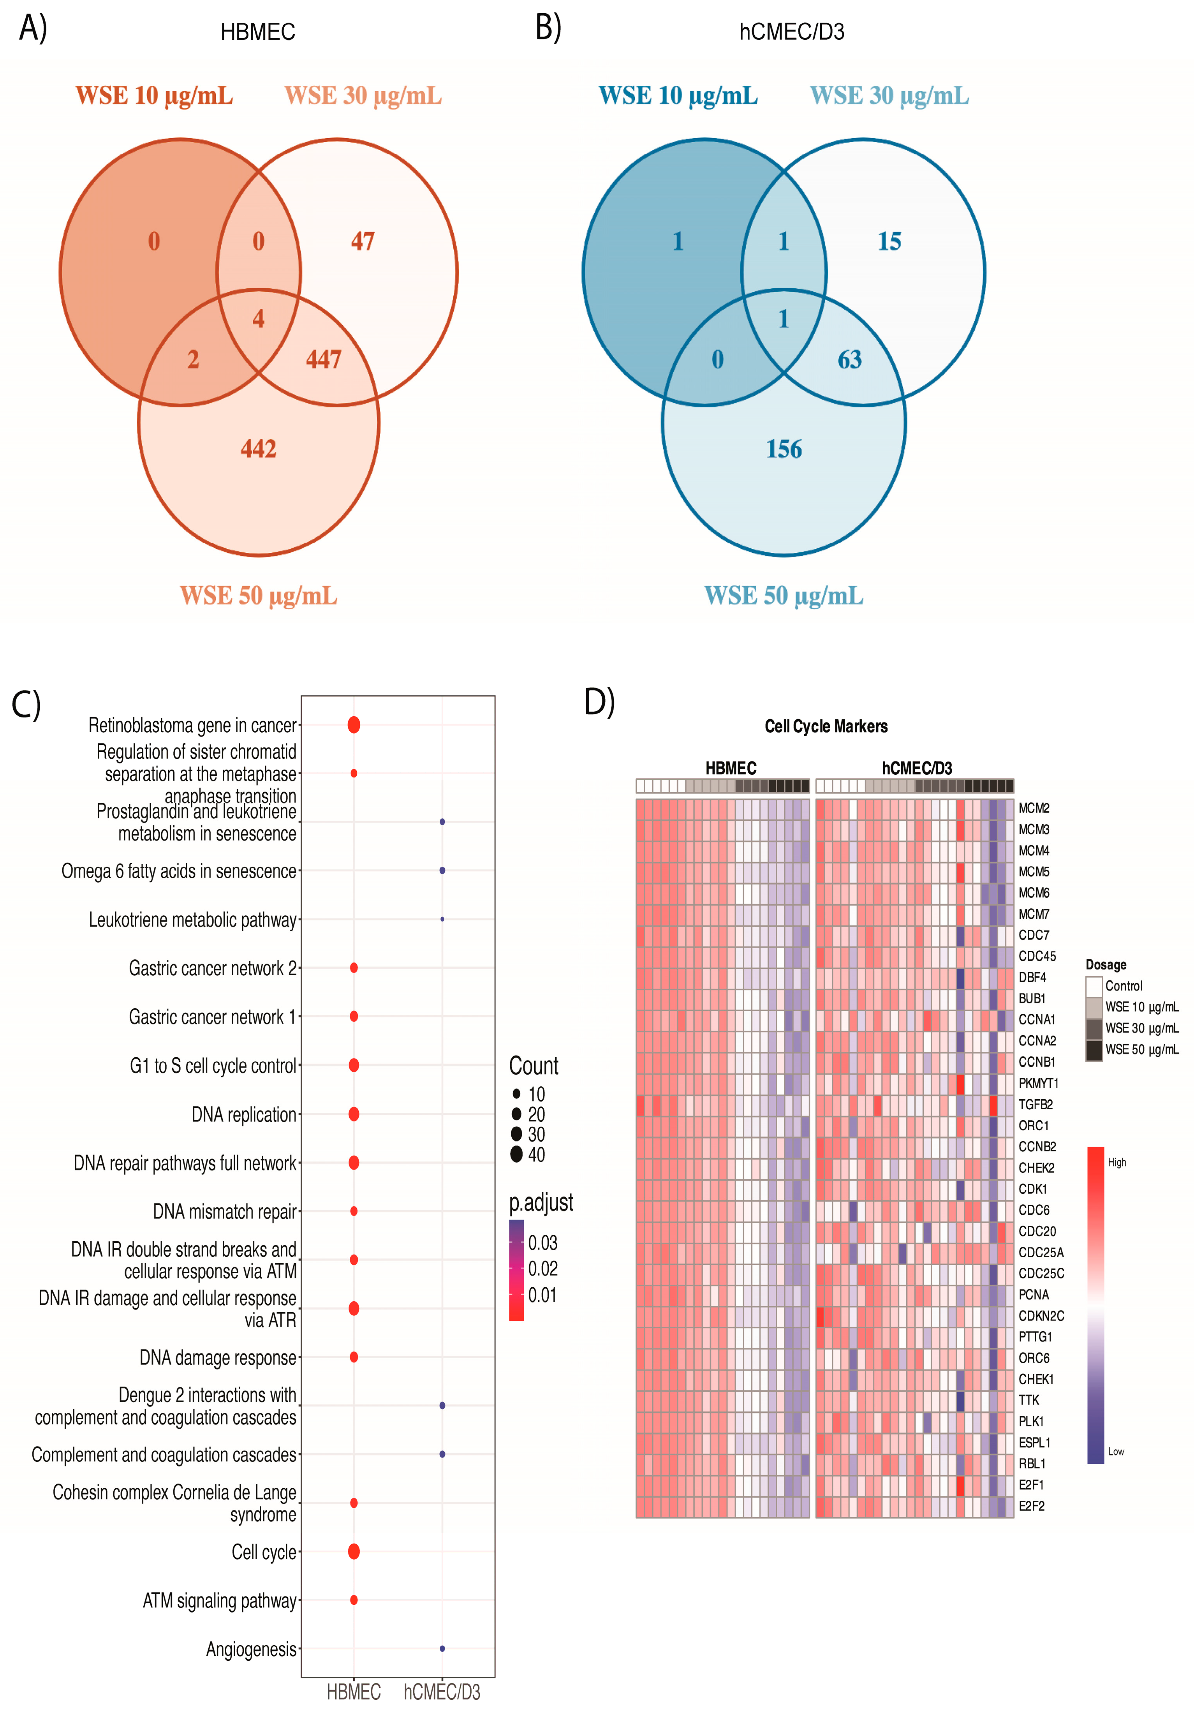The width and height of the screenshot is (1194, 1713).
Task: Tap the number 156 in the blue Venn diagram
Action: [784, 448]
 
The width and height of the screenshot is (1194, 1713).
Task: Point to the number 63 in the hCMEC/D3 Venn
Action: [849, 360]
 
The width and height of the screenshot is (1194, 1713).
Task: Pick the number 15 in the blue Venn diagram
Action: [889, 241]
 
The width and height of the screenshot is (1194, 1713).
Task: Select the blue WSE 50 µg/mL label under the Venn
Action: [784, 596]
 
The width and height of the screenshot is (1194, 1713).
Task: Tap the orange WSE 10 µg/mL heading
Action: [154, 95]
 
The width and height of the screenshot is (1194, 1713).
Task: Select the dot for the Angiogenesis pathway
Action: [442, 1648]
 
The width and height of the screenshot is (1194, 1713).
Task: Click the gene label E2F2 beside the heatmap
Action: [1032, 1505]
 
